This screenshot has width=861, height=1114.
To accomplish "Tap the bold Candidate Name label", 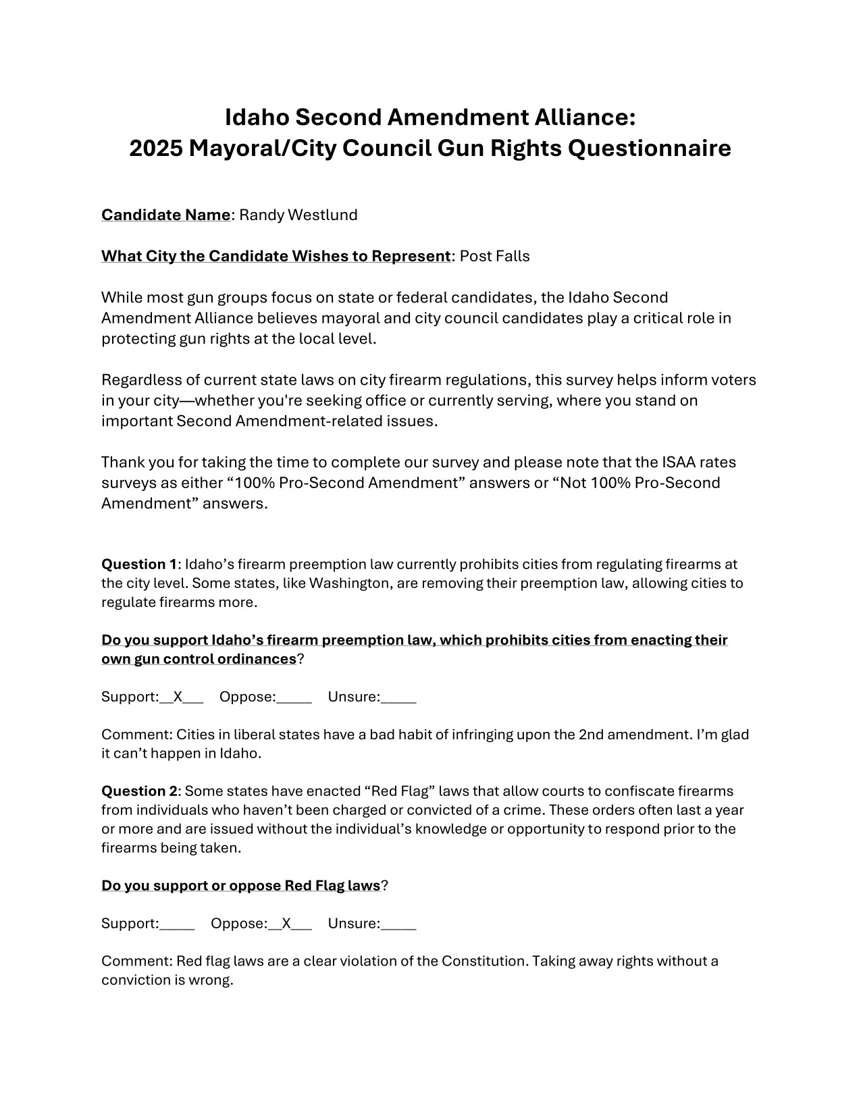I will tap(165, 215).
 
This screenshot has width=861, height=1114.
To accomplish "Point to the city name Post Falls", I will tap(495, 256).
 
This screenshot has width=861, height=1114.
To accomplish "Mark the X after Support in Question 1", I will tap(178, 697).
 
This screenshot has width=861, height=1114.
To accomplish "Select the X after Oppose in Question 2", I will tap(286, 924).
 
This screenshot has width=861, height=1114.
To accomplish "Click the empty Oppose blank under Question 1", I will tap(294, 698).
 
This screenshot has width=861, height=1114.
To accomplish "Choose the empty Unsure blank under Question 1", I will tap(398, 698).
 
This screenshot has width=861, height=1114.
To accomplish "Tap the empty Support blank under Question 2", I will tap(177, 925).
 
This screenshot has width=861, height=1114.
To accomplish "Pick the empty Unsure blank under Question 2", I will tap(398, 925).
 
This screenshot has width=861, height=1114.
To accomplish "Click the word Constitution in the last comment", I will tap(484, 961).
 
